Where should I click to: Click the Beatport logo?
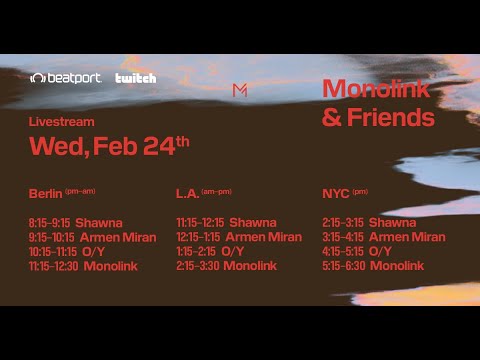[66, 78]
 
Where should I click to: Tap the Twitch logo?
[136, 78]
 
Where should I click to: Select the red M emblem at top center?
[240, 90]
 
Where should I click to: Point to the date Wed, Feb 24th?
[109, 146]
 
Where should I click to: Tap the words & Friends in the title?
[378, 118]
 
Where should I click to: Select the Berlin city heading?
[46, 193]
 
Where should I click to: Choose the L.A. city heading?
[187, 193]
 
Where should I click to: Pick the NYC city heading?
[335, 193]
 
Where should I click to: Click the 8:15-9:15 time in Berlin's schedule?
[50, 223]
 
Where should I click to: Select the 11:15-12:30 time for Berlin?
[54, 266]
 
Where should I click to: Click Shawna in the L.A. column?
[253, 223]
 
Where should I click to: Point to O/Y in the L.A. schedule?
[232, 252]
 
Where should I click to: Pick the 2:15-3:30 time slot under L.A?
[197, 266]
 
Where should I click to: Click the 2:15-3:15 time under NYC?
[343, 223]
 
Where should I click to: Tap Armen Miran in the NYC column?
[407, 237]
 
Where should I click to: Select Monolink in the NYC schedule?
[396, 266]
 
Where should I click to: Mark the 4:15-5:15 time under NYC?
[343, 252]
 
